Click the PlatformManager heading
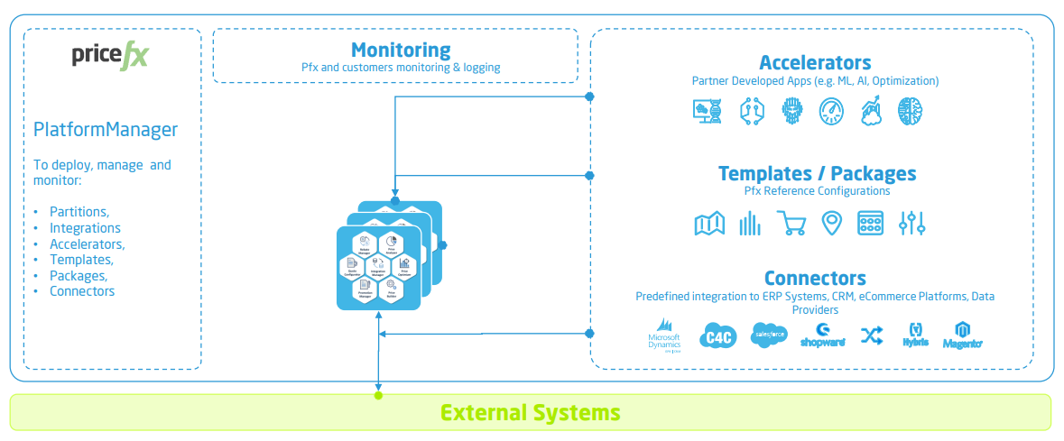pyautogui.click(x=106, y=129)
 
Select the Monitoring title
pyautogui.click(x=401, y=50)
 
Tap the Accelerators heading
pyautogui.click(x=815, y=62)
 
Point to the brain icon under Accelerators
pyautogui.click(x=910, y=111)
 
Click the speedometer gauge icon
pyautogui.click(x=831, y=111)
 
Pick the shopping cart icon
pyautogui.click(x=791, y=223)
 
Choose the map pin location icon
pyautogui.click(x=831, y=223)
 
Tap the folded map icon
pyautogui.click(x=709, y=223)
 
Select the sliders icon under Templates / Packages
pyautogui.click(x=912, y=223)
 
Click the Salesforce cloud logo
pyautogui.click(x=769, y=335)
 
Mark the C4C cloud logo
pyautogui.click(x=719, y=337)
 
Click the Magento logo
pyautogui.click(x=962, y=335)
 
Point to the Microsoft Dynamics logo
pyautogui.click(x=663, y=335)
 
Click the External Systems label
pyautogui.click(x=531, y=413)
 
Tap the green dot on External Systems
pyautogui.click(x=379, y=394)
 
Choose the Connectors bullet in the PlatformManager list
pyautogui.click(x=82, y=290)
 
